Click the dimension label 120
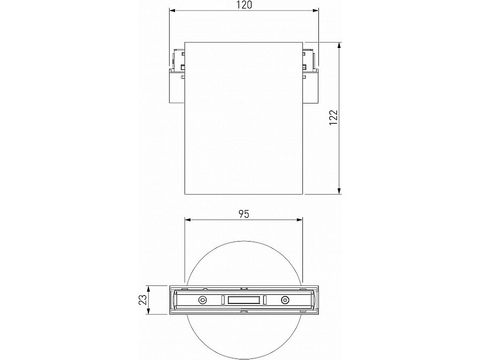coord(243,5)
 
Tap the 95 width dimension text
coord(243,214)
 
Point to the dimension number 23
coord(142,300)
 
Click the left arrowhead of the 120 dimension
coord(172,10)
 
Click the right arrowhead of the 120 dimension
coord(315,10)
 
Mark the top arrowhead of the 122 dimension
coord(340,45)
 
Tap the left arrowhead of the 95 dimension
coord(187,219)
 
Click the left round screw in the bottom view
coord(203,300)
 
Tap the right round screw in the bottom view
coord(285,300)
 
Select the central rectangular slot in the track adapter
coord(243,300)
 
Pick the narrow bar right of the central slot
coord(264,300)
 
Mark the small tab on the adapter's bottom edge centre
coord(243,313)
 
